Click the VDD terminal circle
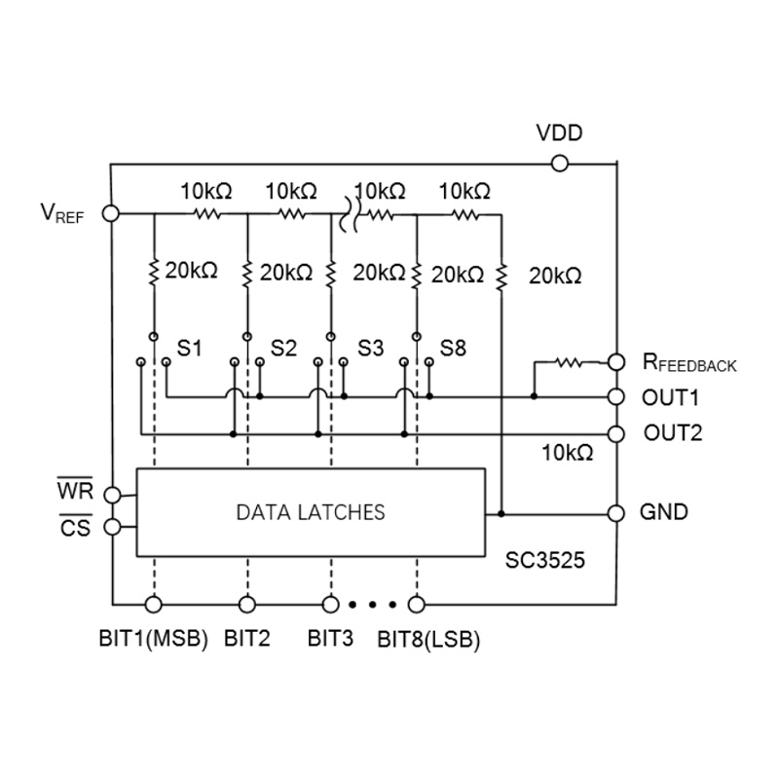tap(559, 163)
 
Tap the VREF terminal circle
tap(111, 213)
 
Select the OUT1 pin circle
tap(616, 396)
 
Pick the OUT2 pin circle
tap(616, 433)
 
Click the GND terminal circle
tap(616, 513)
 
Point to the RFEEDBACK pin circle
tap(616, 362)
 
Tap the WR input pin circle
tap(113, 495)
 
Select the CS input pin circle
tap(113, 527)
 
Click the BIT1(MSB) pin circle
tap(154, 605)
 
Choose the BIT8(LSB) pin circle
tap(417, 605)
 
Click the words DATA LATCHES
tap(311, 512)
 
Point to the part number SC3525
tap(545, 560)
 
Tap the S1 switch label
tap(189, 349)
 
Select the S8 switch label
tap(453, 349)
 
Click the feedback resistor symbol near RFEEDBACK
tap(570, 362)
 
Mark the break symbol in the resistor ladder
tap(350, 214)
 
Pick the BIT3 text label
tap(330, 638)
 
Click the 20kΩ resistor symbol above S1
tap(154, 273)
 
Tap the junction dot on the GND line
tap(501, 514)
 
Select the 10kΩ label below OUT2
tap(567, 453)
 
